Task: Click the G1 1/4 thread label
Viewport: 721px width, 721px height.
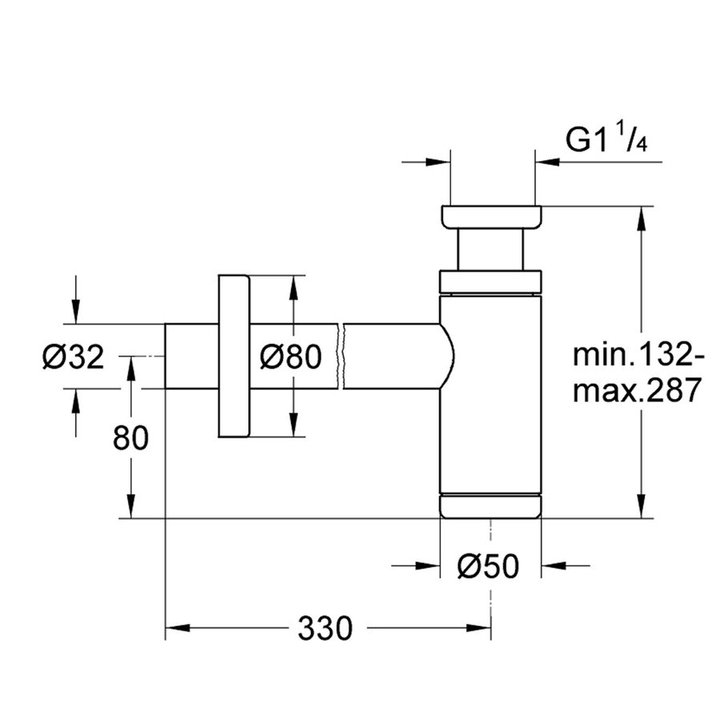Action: [x=604, y=141]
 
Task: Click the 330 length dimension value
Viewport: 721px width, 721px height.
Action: [x=324, y=629]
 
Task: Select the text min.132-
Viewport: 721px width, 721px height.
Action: [x=638, y=353]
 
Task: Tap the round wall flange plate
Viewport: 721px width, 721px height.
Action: [x=232, y=356]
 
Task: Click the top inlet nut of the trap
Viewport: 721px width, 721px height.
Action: [x=491, y=216]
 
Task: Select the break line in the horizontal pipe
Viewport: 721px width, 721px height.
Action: [x=343, y=356]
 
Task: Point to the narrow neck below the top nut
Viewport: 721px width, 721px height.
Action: [x=490, y=250]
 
